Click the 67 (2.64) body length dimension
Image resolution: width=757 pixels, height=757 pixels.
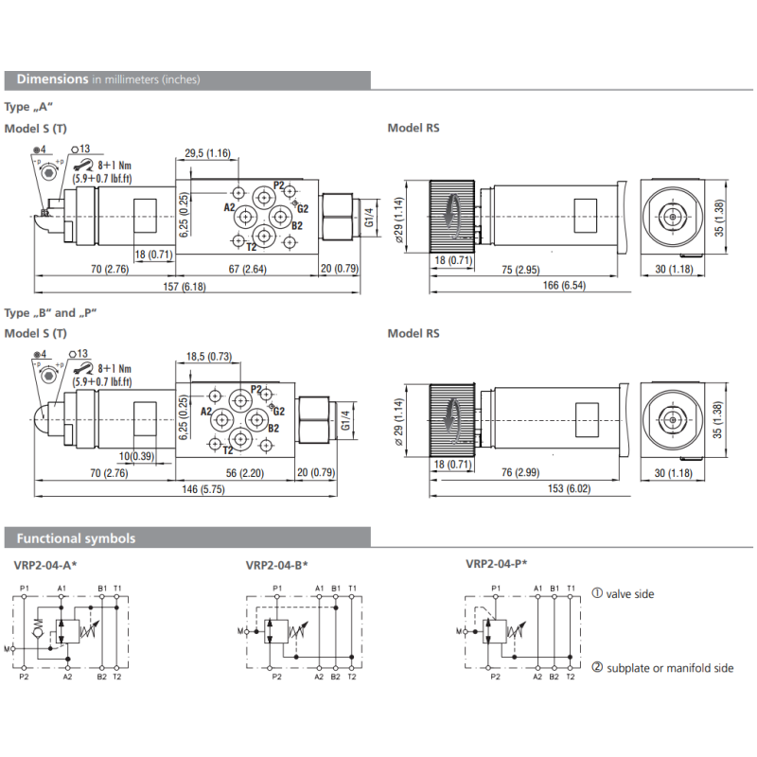(246, 270)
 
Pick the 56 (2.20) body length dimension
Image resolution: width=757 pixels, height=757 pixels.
(240, 474)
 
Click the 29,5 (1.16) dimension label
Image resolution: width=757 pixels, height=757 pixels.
(206, 153)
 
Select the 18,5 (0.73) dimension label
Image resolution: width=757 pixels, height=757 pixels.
(208, 356)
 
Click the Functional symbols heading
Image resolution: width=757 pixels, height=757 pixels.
(76, 538)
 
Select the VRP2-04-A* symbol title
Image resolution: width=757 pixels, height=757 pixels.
(45, 566)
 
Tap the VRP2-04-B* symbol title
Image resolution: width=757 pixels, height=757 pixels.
(277, 566)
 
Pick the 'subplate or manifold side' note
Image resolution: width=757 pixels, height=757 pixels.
(662, 668)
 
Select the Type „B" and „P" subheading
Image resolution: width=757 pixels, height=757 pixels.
(51, 312)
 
